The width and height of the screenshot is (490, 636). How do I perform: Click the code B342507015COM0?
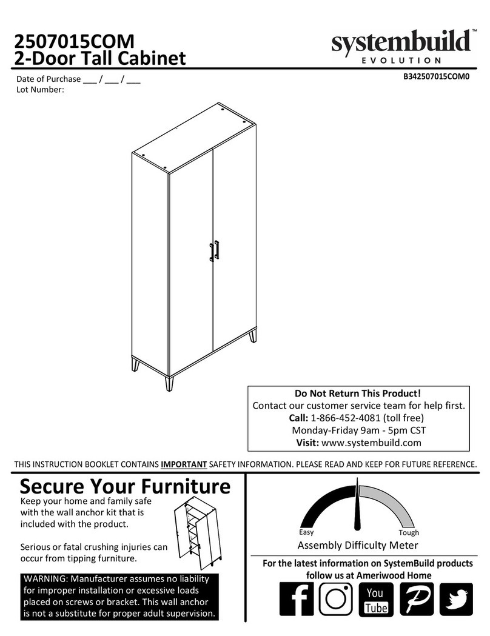[x=437, y=77]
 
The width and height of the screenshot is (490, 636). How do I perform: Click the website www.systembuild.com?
[x=371, y=443]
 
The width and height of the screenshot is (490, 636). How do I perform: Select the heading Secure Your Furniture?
[x=126, y=486]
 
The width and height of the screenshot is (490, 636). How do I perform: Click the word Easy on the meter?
[x=306, y=532]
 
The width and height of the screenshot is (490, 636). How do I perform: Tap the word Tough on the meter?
[x=409, y=532]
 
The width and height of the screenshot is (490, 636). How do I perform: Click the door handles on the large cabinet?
[x=213, y=250]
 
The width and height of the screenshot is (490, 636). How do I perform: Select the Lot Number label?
[x=40, y=90]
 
